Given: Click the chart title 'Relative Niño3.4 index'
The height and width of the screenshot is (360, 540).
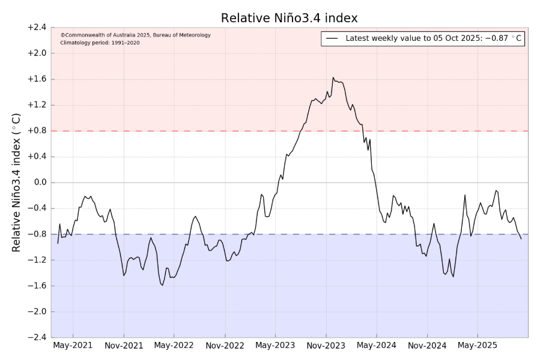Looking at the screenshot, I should pyautogui.click(x=290, y=18).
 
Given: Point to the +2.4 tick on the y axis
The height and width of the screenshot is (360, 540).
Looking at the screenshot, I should pyautogui.click(x=37, y=28).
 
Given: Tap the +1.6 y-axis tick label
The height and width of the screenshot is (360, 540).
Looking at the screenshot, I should pyautogui.click(x=37, y=79).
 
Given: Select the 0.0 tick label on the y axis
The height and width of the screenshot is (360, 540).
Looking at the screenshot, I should pyautogui.click(x=38, y=183).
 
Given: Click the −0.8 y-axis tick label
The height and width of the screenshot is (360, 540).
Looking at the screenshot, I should pyautogui.click(x=37, y=234).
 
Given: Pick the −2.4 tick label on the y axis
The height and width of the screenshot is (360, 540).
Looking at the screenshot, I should pyautogui.click(x=37, y=338).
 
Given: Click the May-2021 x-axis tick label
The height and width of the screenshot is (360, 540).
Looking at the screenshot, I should pyautogui.click(x=73, y=346).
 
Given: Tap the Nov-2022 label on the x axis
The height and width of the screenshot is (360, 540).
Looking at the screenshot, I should pyautogui.click(x=225, y=346).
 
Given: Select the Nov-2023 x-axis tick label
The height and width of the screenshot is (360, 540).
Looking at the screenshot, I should pyautogui.click(x=326, y=346).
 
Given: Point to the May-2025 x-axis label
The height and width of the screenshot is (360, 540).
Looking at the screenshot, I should pyautogui.click(x=478, y=346).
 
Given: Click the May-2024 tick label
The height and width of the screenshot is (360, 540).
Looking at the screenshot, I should pyautogui.click(x=377, y=346).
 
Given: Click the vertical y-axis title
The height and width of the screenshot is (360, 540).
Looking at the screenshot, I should pyautogui.click(x=17, y=183).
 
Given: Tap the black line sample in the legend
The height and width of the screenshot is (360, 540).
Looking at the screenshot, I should pyautogui.click(x=332, y=38).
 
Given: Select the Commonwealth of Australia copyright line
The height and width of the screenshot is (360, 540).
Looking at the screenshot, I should pyautogui.click(x=135, y=35).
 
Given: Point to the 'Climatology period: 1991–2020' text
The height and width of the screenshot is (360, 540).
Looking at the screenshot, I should pyautogui.click(x=100, y=43).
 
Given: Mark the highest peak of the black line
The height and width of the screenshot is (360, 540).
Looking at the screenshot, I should pyautogui.click(x=333, y=78).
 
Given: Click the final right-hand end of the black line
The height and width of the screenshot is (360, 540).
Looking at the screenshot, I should pyautogui.click(x=521, y=239).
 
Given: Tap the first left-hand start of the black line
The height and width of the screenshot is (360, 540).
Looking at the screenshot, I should pyautogui.click(x=58, y=243).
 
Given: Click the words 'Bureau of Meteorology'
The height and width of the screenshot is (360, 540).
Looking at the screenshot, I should pyautogui.click(x=182, y=35).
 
